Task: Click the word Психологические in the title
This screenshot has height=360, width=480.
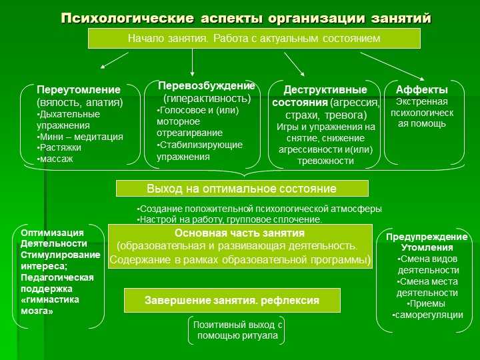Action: pos(127,19)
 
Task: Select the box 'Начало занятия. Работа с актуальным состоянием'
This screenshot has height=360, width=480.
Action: pos(254,39)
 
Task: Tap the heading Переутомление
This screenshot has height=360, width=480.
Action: pos(79,90)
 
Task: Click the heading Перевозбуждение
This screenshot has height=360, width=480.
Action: pos(206,86)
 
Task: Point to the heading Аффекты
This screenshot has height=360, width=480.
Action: pos(422,90)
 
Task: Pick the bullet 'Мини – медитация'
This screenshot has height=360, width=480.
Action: pos(80,137)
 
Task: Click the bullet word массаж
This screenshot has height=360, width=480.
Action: pos(55,159)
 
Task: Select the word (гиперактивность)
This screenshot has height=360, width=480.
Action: pos(207,99)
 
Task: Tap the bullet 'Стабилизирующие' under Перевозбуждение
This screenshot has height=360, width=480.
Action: pos(199,145)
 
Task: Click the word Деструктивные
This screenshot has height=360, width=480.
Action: pos(325,90)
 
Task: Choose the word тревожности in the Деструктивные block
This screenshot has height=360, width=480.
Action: pos(325,161)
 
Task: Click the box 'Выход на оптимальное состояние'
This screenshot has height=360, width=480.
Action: pos(242,188)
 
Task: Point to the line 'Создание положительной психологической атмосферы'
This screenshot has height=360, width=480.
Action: pos(259,209)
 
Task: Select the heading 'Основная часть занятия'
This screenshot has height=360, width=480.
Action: pos(240,233)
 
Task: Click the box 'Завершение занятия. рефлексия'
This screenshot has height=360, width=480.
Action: pos(232,300)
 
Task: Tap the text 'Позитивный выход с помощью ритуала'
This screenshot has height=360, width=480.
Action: pos(237,330)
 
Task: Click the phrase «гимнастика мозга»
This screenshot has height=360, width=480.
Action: pos(50,305)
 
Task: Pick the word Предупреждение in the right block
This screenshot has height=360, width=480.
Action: pos(427,237)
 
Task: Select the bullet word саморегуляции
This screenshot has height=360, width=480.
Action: pos(427,315)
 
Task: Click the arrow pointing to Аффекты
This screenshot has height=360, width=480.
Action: pos(392,66)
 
